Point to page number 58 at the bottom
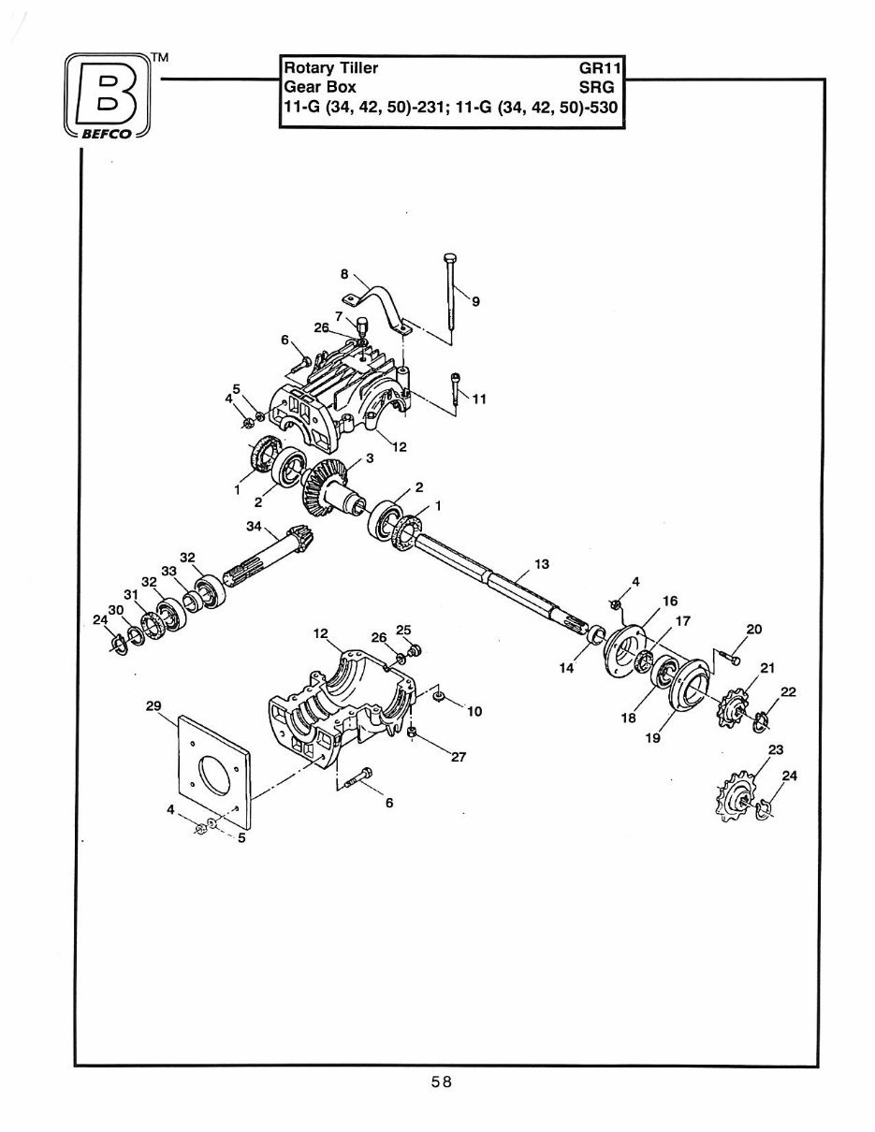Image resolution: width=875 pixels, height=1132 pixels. tap(442, 1082)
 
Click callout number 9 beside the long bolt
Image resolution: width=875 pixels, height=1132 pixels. tap(475, 301)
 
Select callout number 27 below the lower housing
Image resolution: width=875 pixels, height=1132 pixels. tap(458, 758)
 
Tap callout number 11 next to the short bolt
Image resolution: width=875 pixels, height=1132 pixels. tap(480, 399)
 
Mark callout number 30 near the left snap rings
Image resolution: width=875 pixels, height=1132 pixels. tap(116, 610)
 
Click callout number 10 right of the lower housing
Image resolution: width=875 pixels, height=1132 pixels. tap(474, 712)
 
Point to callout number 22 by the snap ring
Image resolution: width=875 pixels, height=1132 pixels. tap(788, 691)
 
